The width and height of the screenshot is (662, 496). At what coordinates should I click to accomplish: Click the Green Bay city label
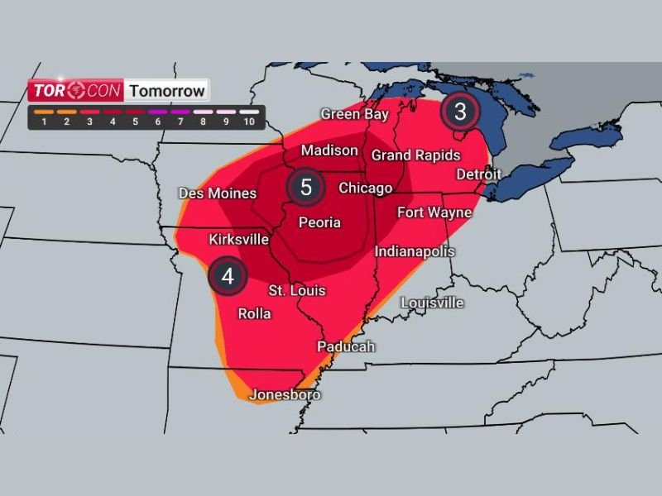pyautogui.click(x=354, y=114)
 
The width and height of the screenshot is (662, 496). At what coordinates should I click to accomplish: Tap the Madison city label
pyautogui.click(x=329, y=150)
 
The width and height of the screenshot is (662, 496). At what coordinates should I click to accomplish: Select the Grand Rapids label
pyautogui.click(x=415, y=155)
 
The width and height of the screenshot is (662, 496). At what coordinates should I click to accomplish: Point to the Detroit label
pyautogui.click(x=478, y=174)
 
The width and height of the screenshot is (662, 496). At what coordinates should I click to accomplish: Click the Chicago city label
pyautogui.click(x=365, y=188)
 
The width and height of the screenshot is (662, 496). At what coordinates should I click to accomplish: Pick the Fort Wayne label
pyautogui.click(x=434, y=212)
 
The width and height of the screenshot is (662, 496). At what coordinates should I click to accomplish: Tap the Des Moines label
pyautogui.click(x=218, y=193)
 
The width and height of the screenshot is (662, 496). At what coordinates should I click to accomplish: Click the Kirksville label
pyautogui.click(x=238, y=239)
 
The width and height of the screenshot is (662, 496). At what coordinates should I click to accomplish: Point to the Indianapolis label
pyautogui.click(x=415, y=250)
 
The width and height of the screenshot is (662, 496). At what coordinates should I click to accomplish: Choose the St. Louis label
pyautogui.click(x=296, y=290)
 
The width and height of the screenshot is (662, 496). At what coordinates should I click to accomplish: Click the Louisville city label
pyautogui.click(x=432, y=303)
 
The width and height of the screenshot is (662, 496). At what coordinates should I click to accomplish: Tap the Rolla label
pyautogui.click(x=254, y=314)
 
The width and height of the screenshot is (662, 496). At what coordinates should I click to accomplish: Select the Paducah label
pyautogui.click(x=346, y=346)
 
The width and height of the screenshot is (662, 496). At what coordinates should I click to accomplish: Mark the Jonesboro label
pyautogui.click(x=285, y=394)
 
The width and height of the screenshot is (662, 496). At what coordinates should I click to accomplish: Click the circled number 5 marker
pyautogui.click(x=306, y=188)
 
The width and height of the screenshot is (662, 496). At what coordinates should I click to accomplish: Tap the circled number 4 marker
pyautogui.click(x=228, y=276)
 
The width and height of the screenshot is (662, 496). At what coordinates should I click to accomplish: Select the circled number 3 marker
pyautogui.click(x=460, y=111)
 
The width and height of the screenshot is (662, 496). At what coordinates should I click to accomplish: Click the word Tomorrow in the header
pyautogui.click(x=167, y=90)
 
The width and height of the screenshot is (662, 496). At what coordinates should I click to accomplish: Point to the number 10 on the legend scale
pyautogui.click(x=249, y=122)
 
